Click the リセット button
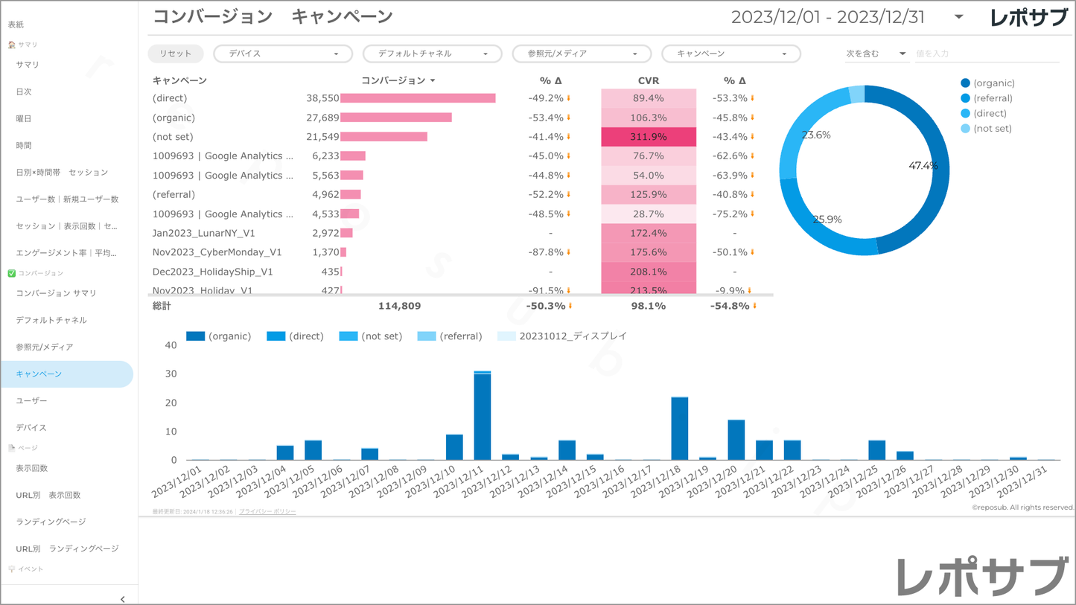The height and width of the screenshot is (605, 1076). [175, 54]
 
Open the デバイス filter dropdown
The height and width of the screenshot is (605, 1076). [282, 54]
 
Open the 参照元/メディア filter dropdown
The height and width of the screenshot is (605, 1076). [581, 54]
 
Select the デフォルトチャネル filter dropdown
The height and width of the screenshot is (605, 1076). [432, 54]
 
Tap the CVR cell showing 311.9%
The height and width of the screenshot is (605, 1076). [649, 137]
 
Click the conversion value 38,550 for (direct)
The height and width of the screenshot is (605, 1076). [322, 98]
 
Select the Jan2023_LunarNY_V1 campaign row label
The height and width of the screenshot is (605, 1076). [203, 233]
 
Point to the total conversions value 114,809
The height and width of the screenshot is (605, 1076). [400, 306]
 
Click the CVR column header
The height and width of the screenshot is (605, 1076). [649, 80]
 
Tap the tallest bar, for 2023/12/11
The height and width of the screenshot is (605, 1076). [482, 417]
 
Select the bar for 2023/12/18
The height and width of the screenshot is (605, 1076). [679, 429]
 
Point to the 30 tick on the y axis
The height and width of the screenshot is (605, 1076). [171, 374]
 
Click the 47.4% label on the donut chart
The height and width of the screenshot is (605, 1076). [923, 166]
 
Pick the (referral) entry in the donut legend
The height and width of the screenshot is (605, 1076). [993, 98]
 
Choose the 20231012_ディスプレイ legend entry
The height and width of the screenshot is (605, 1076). [572, 336]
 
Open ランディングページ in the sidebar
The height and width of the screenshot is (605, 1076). [51, 522]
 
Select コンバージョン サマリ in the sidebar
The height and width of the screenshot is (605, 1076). [56, 293]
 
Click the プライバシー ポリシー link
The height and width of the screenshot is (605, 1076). [267, 512]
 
